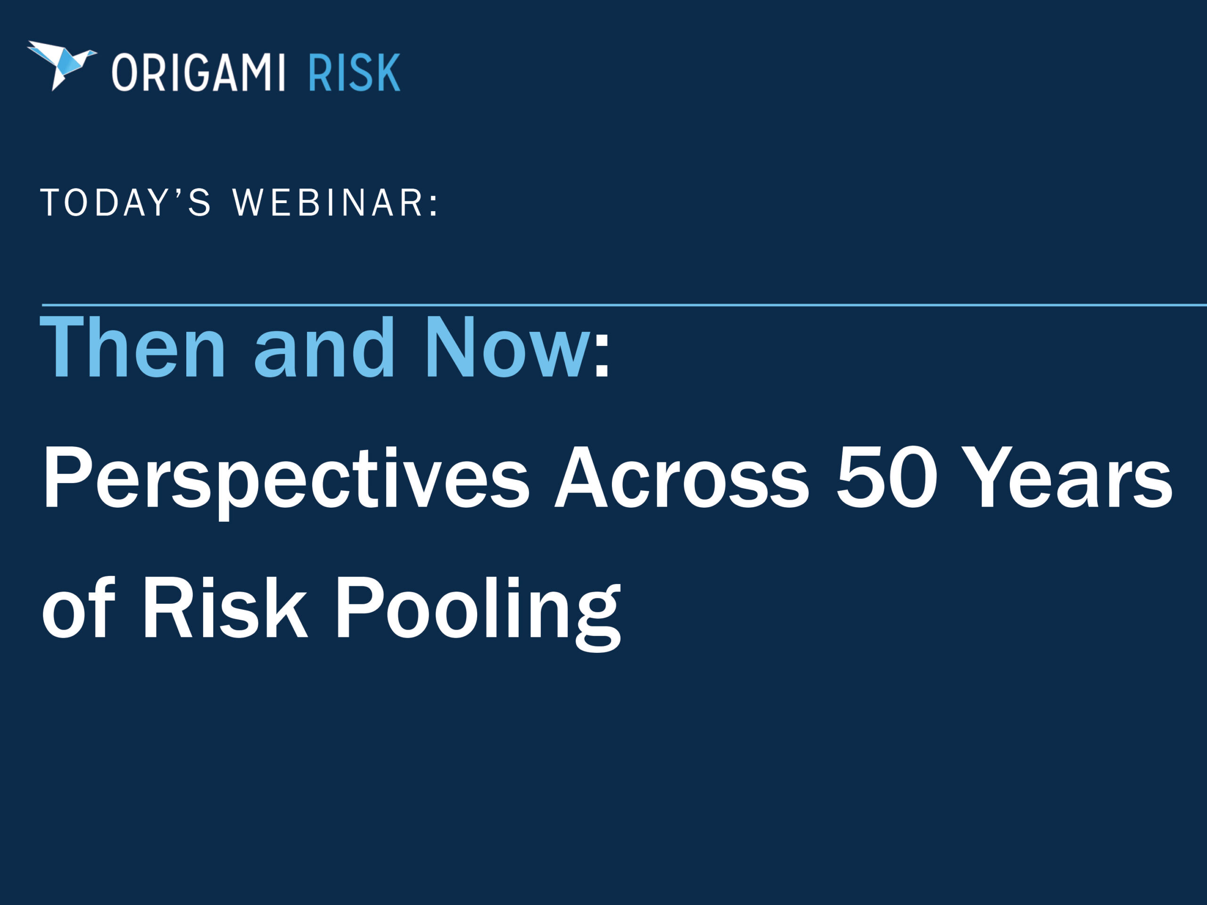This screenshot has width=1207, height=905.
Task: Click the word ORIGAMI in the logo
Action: [x=198, y=73]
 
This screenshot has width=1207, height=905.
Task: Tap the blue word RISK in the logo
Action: [x=355, y=73]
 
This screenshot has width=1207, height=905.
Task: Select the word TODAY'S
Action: [x=125, y=202]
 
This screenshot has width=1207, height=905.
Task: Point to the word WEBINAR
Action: [x=327, y=202]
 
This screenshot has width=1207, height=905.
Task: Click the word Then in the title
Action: [x=132, y=347]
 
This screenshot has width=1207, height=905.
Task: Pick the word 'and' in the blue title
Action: [x=324, y=347]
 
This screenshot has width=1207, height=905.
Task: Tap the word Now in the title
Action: [x=508, y=347]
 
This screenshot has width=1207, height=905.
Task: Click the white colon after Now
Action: [x=602, y=356]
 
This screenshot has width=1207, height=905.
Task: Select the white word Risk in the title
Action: [x=225, y=607]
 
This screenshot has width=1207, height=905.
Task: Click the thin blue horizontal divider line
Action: [x=624, y=304]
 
